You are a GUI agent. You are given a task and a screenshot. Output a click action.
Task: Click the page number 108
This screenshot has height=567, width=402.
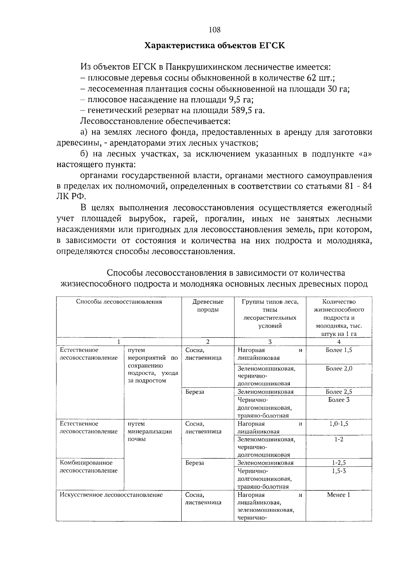[x=214, y=30]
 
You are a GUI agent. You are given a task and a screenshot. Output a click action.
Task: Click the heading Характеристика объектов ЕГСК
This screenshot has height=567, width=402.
[x=214, y=46]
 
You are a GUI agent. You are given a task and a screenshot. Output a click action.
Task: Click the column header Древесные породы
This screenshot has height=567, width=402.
[x=208, y=306]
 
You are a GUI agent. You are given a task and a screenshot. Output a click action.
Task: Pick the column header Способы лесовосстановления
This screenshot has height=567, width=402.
[x=119, y=302]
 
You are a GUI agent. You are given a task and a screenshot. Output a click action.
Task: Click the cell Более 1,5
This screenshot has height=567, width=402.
[x=339, y=350]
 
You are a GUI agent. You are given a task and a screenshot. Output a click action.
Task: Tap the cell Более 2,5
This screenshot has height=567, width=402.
[x=339, y=392]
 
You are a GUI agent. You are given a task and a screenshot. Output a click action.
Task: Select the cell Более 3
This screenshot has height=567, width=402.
[x=339, y=400]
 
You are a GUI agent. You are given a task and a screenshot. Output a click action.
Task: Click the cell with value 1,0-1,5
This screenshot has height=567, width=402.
[x=339, y=424]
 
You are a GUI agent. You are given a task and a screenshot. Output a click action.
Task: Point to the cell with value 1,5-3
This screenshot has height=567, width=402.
[x=339, y=471]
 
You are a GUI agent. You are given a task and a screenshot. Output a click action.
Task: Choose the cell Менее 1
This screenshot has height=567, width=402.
[x=339, y=495]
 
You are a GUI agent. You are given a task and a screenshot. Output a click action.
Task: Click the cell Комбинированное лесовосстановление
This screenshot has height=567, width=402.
[x=89, y=467]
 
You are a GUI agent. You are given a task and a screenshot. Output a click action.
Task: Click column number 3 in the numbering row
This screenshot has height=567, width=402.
[x=270, y=342]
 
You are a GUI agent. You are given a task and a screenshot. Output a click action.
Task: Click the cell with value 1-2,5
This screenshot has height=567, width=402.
[x=339, y=463]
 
